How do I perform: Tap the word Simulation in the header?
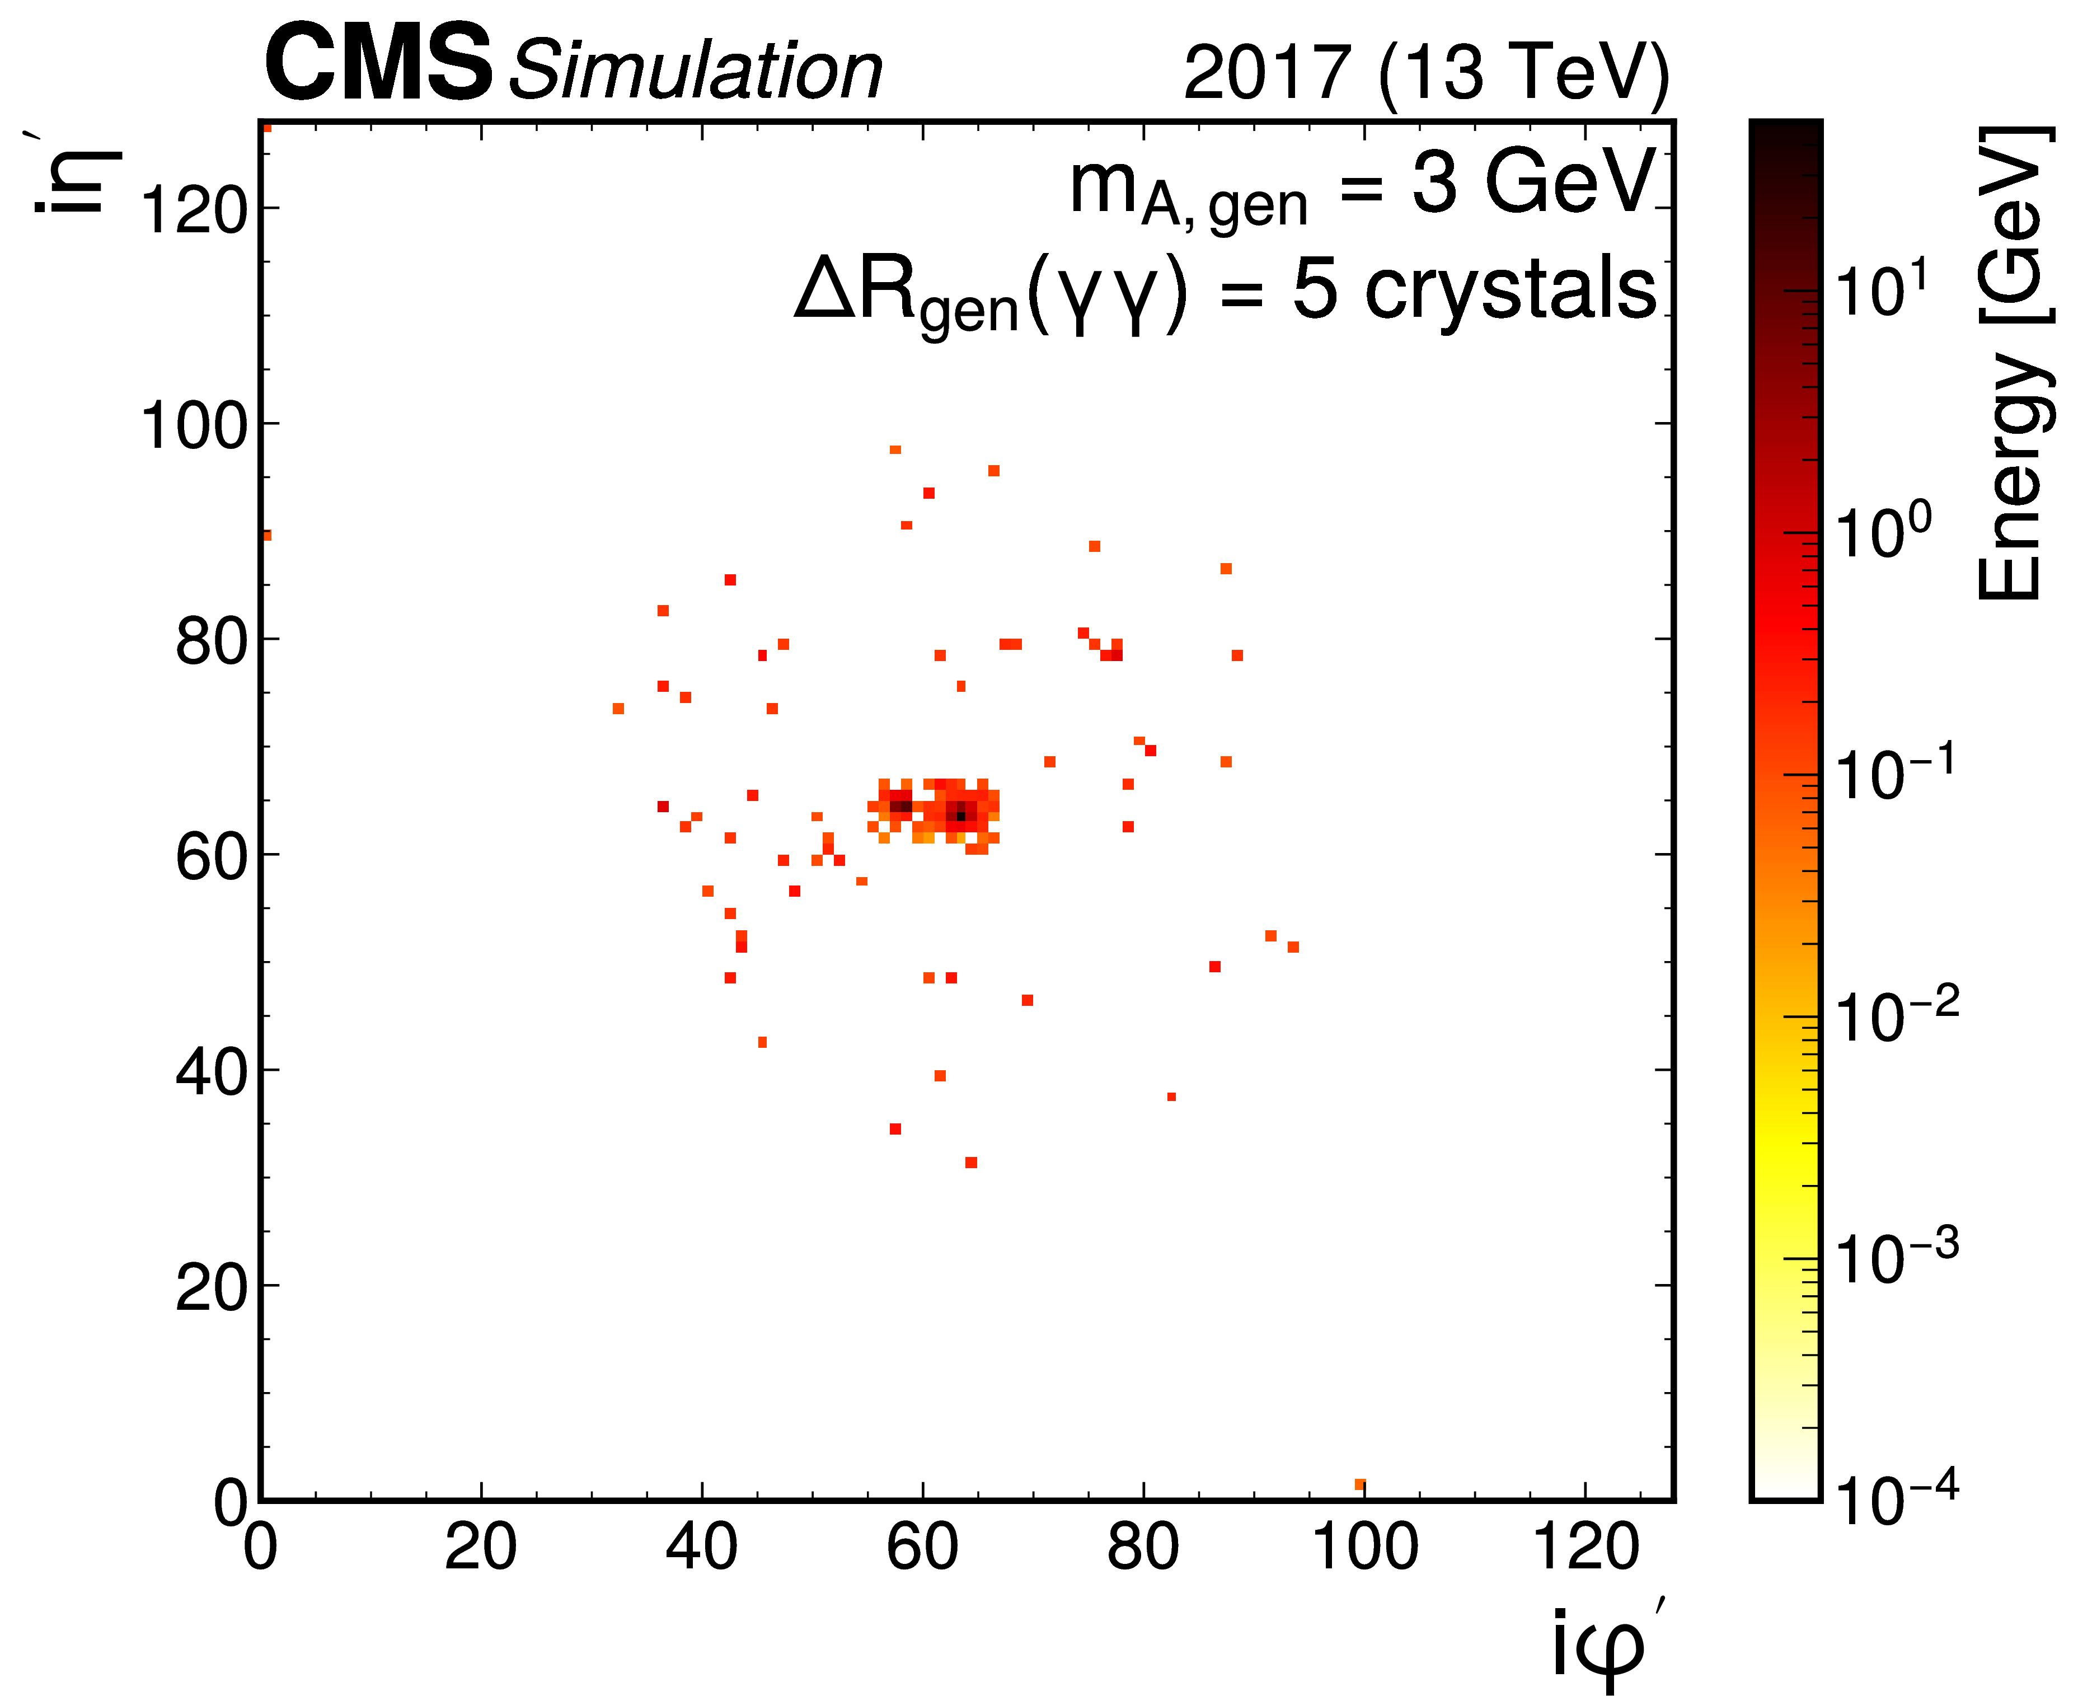[x=696, y=71]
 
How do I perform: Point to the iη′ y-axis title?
[x=73, y=176]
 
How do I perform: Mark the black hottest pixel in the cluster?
[x=961, y=816]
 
